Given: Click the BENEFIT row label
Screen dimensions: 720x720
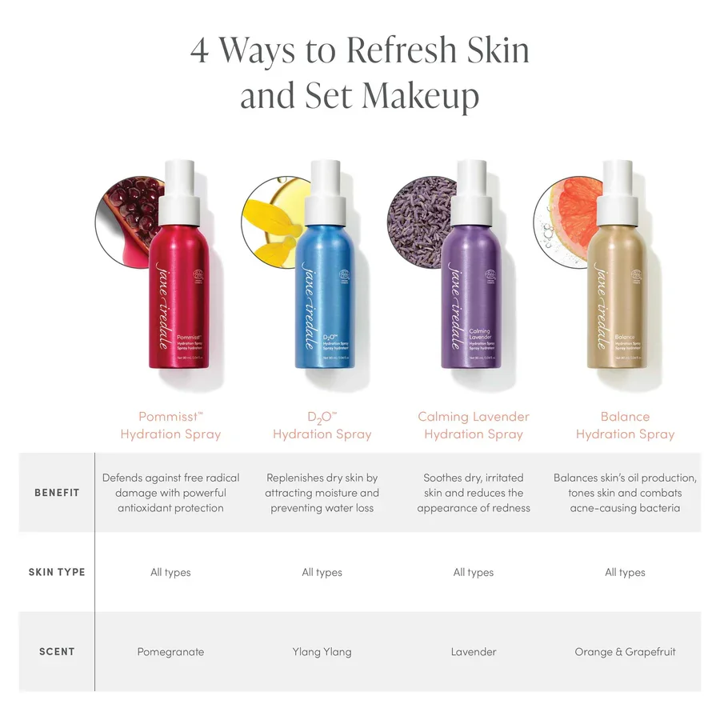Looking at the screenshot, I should click(57, 492).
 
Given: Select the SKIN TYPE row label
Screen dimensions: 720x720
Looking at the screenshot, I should click(57, 572).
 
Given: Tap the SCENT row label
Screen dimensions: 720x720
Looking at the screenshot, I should click(57, 651).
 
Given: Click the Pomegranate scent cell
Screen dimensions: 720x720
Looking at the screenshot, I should click(170, 651).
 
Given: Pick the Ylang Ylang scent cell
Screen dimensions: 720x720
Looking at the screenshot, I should click(322, 651).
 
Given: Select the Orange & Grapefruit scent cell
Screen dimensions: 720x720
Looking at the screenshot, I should click(625, 651).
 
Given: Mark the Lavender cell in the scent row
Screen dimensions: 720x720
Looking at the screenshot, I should click(474, 651).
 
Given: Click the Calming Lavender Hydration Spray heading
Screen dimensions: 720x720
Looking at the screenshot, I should click(474, 426).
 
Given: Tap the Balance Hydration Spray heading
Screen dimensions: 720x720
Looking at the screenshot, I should click(625, 426).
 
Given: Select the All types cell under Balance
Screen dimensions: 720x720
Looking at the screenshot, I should click(625, 572).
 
